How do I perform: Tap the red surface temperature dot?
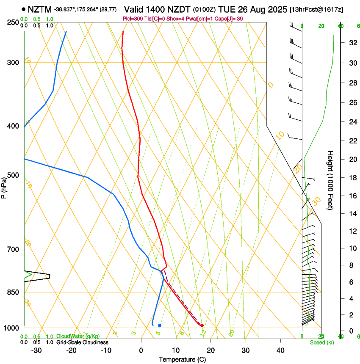pos(202,325)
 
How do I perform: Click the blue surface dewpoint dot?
pos(159,325)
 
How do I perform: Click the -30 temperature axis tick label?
pos(36,350)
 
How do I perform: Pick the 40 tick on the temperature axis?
pos(280,350)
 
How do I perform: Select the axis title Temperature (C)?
pos(182,359)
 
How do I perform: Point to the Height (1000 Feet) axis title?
pos(331,180)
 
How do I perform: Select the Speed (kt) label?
pos(321,342)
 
